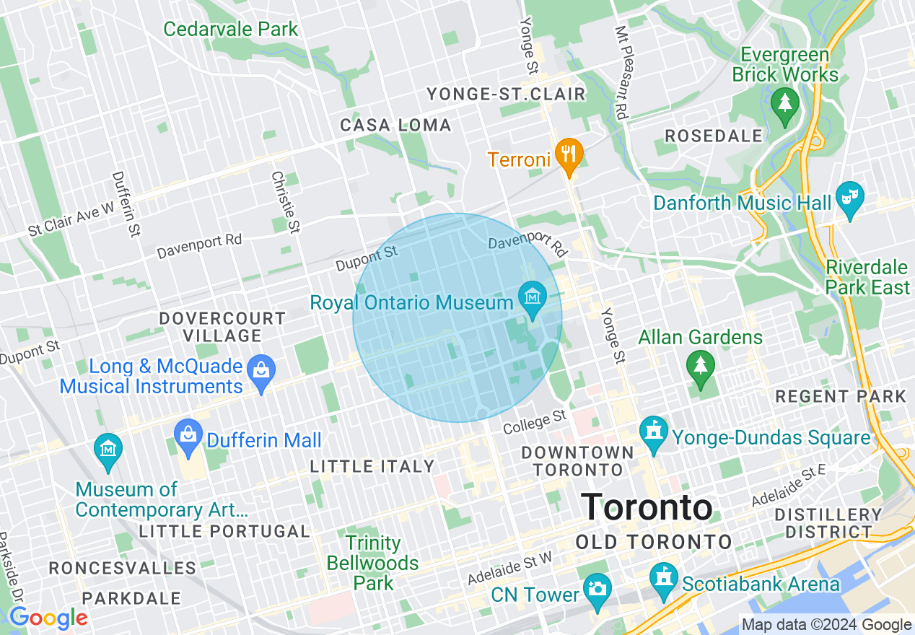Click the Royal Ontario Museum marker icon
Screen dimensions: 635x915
pyautogui.click(x=533, y=297)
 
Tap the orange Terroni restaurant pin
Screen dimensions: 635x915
pyautogui.click(x=569, y=154)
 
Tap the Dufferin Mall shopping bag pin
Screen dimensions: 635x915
pyautogui.click(x=188, y=435)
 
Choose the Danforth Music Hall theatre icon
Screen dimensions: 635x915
pyautogui.click(x=850, y=196)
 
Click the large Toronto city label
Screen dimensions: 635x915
pyautogui.click(x=647, y=507)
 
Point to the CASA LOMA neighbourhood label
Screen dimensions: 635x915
pyautogui.click(x=395, y=126)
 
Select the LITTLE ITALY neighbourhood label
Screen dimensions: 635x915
pyautogui.click(x=372, y=467)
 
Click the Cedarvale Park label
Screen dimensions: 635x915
pyautogui.click(x=230, y=30)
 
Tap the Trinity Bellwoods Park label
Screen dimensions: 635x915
pyautogui.click(x=372, y=563)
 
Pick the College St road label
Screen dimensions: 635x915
pyautogui.click(x=535, y=423)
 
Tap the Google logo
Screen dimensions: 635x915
pyautogui.click(x=48, y=618)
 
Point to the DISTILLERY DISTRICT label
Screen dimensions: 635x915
pyautogui.click(x=828, y=524)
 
